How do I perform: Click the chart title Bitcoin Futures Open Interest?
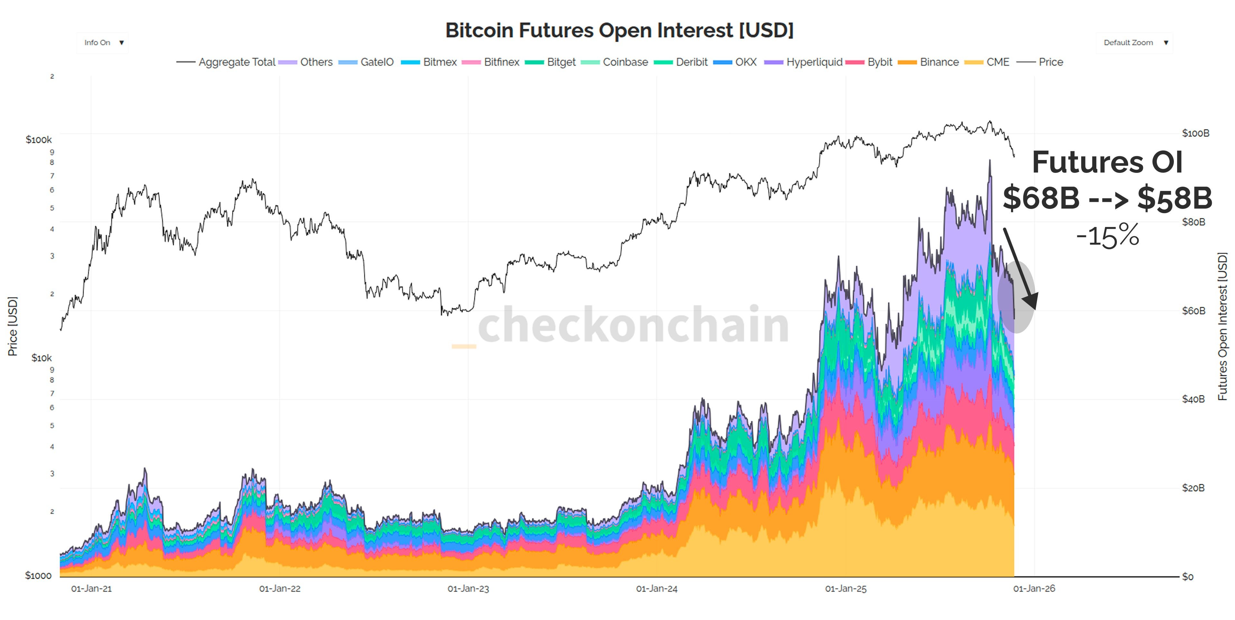click(619, 30)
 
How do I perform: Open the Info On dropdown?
click(103, 43)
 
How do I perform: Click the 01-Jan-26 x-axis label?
click(1034, 589)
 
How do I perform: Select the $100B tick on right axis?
click(1195, 133)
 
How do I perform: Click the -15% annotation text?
click(1107, 236)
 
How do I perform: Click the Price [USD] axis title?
click(13, 326)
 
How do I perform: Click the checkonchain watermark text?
click(633, 325)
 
